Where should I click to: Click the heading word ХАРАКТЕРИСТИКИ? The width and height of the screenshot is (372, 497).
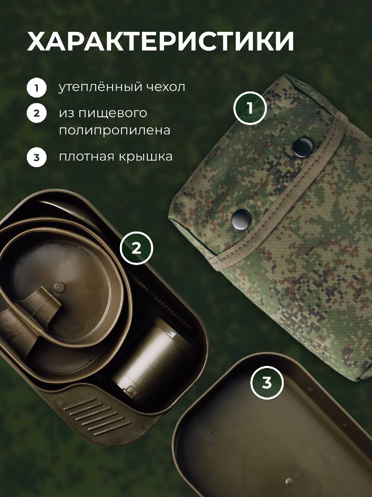tap(161, 42)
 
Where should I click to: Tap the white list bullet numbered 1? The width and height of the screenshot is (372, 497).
tap(37, 88)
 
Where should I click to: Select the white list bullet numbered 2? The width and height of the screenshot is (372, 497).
tap(37, 113)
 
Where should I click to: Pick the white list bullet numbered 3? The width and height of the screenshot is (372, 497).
tap(37, 157)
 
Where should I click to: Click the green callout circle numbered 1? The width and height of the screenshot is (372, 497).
tap(250, 108)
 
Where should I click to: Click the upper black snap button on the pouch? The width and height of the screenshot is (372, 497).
tap(303, 147)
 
